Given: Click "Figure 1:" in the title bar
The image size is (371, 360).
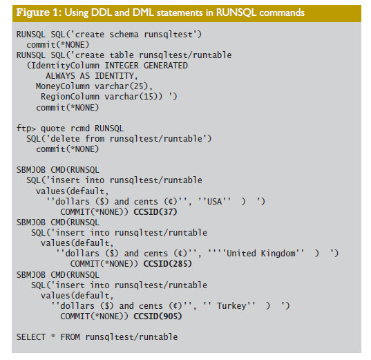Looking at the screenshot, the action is pos(39,12).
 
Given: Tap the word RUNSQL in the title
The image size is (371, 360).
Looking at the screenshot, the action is pos(236,12).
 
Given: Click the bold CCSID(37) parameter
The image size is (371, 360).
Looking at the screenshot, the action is pos(155,212).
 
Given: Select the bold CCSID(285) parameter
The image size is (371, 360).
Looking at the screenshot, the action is pos(167,264).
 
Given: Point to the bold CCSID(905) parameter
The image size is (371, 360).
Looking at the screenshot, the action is pos(158,316).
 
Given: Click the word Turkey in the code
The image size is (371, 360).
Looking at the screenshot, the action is pos(231,306).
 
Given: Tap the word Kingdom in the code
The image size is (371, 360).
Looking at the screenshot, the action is pos(278,254).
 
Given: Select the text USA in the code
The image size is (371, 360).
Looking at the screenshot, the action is pos(214,202).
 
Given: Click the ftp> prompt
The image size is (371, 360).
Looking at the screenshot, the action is pos(26,129).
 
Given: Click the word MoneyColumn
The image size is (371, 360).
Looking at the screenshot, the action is pos(63,86).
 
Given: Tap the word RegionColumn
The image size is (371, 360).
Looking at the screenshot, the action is pos(70,97).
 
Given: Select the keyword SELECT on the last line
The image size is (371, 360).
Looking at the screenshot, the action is pos(31,337).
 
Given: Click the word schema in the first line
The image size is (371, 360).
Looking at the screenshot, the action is pos(124,35).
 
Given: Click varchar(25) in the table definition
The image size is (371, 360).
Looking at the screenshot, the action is pos(121,86).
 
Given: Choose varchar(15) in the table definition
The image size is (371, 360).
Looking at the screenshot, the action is pos(131,97).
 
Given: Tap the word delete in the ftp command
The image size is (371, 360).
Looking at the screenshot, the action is pos(65,139).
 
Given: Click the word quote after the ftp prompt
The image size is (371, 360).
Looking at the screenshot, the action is pos(53,129).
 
